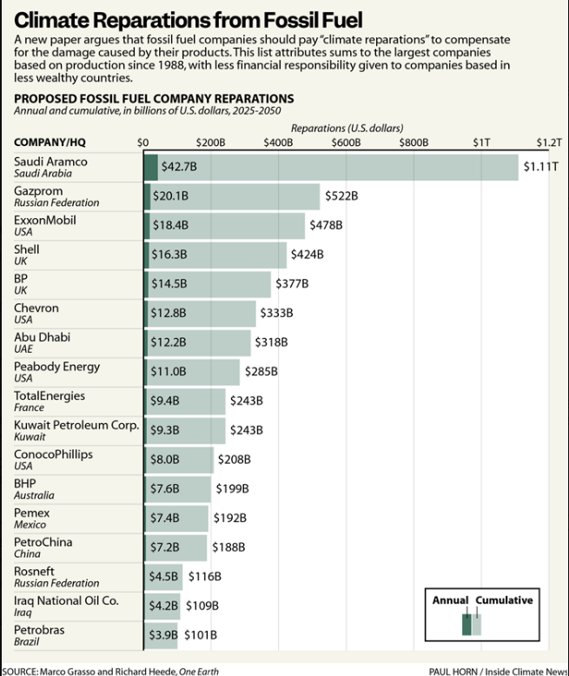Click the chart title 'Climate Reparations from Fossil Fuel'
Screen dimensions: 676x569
(189, 19)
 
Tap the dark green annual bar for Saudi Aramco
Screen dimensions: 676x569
(150, 167)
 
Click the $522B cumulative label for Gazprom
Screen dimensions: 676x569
(341, 196)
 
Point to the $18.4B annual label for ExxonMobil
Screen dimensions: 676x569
(170, 225)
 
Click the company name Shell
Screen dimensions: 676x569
(27, 249)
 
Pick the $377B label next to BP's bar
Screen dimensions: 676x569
(291, 283)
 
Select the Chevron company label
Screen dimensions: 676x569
(36, 308)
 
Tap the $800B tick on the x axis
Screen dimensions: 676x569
(414, 142)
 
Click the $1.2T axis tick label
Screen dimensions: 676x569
(549, 142)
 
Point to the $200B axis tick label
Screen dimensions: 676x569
(210, 142)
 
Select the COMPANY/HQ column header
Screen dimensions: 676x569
(50, 142)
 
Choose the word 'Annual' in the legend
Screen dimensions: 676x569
(451, 600)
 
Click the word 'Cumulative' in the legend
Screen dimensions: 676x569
(505, 600)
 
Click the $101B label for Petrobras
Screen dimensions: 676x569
(200, 634)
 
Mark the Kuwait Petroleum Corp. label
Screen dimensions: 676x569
(76, 425)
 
